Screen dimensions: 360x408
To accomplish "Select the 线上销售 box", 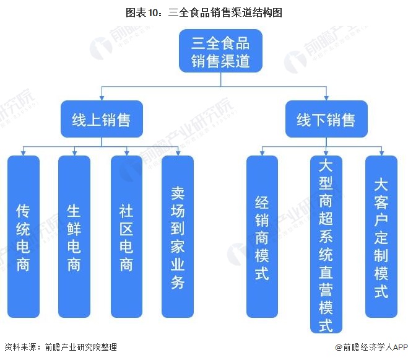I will (102, 119).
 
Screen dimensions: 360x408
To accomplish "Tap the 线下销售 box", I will (326, 119).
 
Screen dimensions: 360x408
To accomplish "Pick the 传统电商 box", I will (23, 237).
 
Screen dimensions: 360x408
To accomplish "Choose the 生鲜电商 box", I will (74, 237).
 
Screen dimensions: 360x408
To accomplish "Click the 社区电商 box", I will (126, 237).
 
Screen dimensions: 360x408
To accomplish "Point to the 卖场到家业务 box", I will (178, 237).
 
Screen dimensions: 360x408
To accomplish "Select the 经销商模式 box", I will (262, 237).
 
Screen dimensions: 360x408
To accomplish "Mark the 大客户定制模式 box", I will (381, 237).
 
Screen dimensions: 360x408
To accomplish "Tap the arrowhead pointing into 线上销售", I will (102, 98).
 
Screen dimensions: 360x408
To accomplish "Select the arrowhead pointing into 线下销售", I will (326, 98).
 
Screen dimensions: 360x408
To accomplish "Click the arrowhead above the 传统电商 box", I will (23, 152).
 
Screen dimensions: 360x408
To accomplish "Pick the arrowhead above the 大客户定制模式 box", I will (381, 152).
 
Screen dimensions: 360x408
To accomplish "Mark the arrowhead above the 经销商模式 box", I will (262, 152).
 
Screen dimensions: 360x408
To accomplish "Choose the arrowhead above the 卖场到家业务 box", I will (178, 152).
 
